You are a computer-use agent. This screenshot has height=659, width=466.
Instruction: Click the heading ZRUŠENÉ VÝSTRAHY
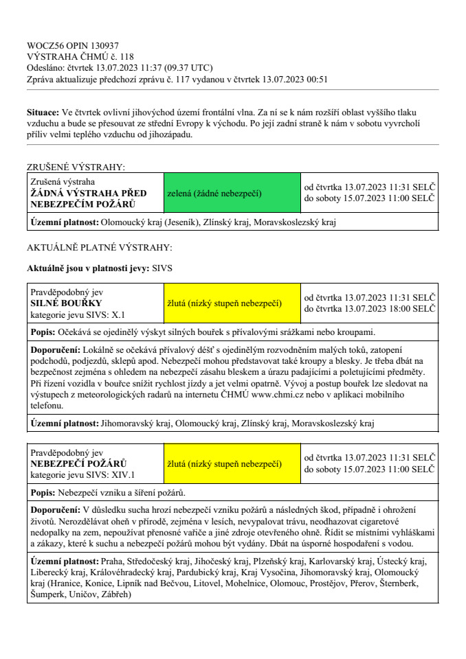click(x=76, y=167)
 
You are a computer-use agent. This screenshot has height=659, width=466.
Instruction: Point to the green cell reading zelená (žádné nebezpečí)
click(x=214, y=194)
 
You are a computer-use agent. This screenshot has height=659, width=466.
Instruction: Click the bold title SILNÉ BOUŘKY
click(x=67, y=303)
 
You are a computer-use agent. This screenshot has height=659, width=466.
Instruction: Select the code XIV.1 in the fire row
click(x=124, y=474)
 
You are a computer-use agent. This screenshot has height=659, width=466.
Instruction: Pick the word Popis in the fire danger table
click(x=43, y=493)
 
